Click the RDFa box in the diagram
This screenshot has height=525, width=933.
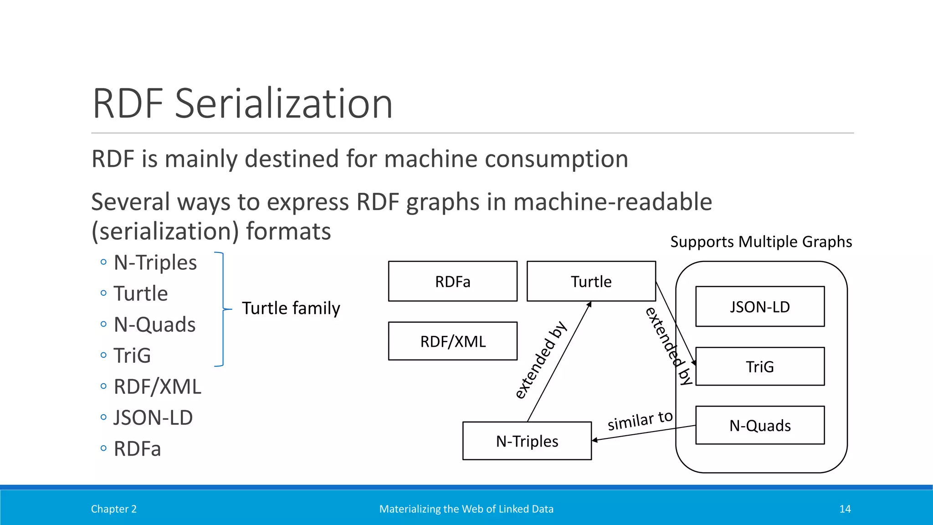pyautogui.click(x=452, y=281)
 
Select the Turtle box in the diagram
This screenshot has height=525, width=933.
pyautogui.click(x=591, y=281)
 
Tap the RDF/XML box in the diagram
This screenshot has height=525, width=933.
pyautogui.click(x=452, y=341)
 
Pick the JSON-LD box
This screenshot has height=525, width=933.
pyautogui.click(x=759, y=306)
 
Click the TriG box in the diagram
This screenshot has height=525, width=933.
pyautogui.click(x=759, y=366)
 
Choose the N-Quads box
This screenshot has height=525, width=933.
pyautogui.click(x=759, y=425)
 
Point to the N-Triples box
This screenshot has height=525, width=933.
pyautogui.click(x=527, y=441)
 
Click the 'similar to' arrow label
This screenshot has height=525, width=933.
pyautogui.click(x=640, y=420)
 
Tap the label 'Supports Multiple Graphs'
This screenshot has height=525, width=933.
pyautogui.click(x=761, y=242)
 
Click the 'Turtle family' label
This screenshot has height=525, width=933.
pyautogui.click(x=291, y=308)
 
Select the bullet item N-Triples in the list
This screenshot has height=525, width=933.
pyautogui.click(x=155, y=262)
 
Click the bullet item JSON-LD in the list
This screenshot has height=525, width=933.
pyautogui.click(x=153, y=417)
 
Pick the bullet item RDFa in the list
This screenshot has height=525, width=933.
pyautogui.click(x=137, y=448)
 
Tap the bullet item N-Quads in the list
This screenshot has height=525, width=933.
pyautogui.click(x=154, y=324)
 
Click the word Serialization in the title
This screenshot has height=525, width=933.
pyautogui.click(x=283, y=104)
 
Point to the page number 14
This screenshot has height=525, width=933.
pyautogui.click(x=845, y=509)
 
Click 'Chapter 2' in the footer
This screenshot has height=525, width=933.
pyautogui.click(x=113, y=509)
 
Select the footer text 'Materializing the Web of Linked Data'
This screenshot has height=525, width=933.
pyautogui.click(x=466, y=509)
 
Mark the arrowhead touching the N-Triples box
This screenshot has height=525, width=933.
pyautogui.click(x=595, y=440)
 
